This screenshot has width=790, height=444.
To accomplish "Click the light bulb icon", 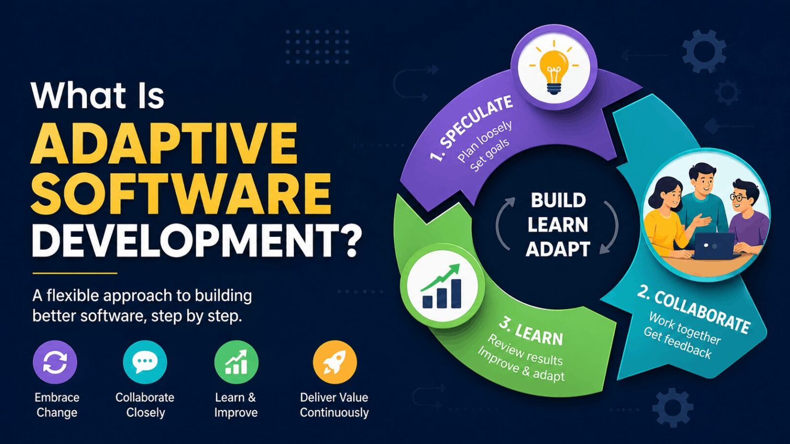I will coord(554,71).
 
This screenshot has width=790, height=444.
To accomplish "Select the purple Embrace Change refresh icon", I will coord(55,362).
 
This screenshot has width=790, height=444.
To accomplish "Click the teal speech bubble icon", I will coord(145,362).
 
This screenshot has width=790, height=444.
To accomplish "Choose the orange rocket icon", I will coord(334,362).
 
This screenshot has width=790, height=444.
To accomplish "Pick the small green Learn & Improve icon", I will coord(236,362).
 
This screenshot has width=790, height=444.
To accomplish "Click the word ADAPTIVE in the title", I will coord(164,144).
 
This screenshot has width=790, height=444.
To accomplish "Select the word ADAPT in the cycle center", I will coord(558,249).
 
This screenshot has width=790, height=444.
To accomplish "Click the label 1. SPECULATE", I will coord(472,128).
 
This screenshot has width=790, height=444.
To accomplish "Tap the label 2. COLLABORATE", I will coord(694,309).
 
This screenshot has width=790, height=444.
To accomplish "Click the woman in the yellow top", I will coord(667,217).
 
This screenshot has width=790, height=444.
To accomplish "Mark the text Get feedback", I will coord(677,343).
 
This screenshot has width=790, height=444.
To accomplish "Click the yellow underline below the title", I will coord(75,273).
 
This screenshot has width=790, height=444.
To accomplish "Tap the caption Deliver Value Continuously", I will coord(334,405).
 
